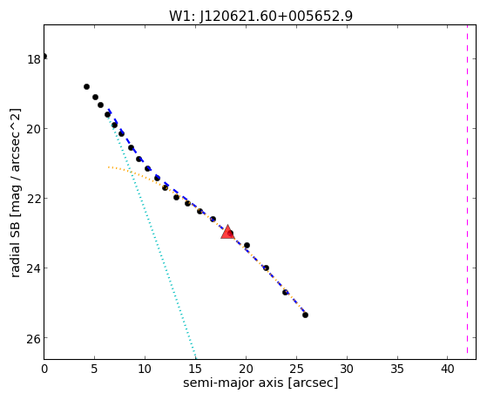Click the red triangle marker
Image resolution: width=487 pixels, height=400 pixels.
pos(227,232)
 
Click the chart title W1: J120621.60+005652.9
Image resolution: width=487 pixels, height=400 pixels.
pos(260,17)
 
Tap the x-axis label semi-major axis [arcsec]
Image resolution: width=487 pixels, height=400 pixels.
pos(260,383)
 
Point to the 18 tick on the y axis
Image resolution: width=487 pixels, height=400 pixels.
pos(34,59)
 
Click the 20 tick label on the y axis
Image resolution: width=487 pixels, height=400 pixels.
pos(34,129)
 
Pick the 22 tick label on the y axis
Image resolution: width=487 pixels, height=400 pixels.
pos(34,199)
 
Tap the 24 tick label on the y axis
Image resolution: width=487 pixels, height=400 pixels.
pos(34,268)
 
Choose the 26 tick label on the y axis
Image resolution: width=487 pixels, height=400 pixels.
pos(34,338)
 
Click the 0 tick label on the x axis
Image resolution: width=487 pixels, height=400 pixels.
pos(44,369)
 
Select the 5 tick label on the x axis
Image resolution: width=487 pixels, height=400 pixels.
pos(95,369)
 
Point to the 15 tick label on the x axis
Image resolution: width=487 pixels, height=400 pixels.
pos(195,369)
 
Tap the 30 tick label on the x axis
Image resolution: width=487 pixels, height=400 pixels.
pos(347,369)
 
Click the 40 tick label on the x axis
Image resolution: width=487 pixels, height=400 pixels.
pos(448,369)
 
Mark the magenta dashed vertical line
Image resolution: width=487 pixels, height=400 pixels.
pos(467,192)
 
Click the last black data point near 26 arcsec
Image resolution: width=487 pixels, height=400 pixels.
pos(305,315)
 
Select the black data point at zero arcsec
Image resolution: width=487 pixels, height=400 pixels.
pos(44,57)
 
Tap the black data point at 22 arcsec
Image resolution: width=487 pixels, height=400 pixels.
pos(266,268)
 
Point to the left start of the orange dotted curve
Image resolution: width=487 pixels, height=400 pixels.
pos(108,167)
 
